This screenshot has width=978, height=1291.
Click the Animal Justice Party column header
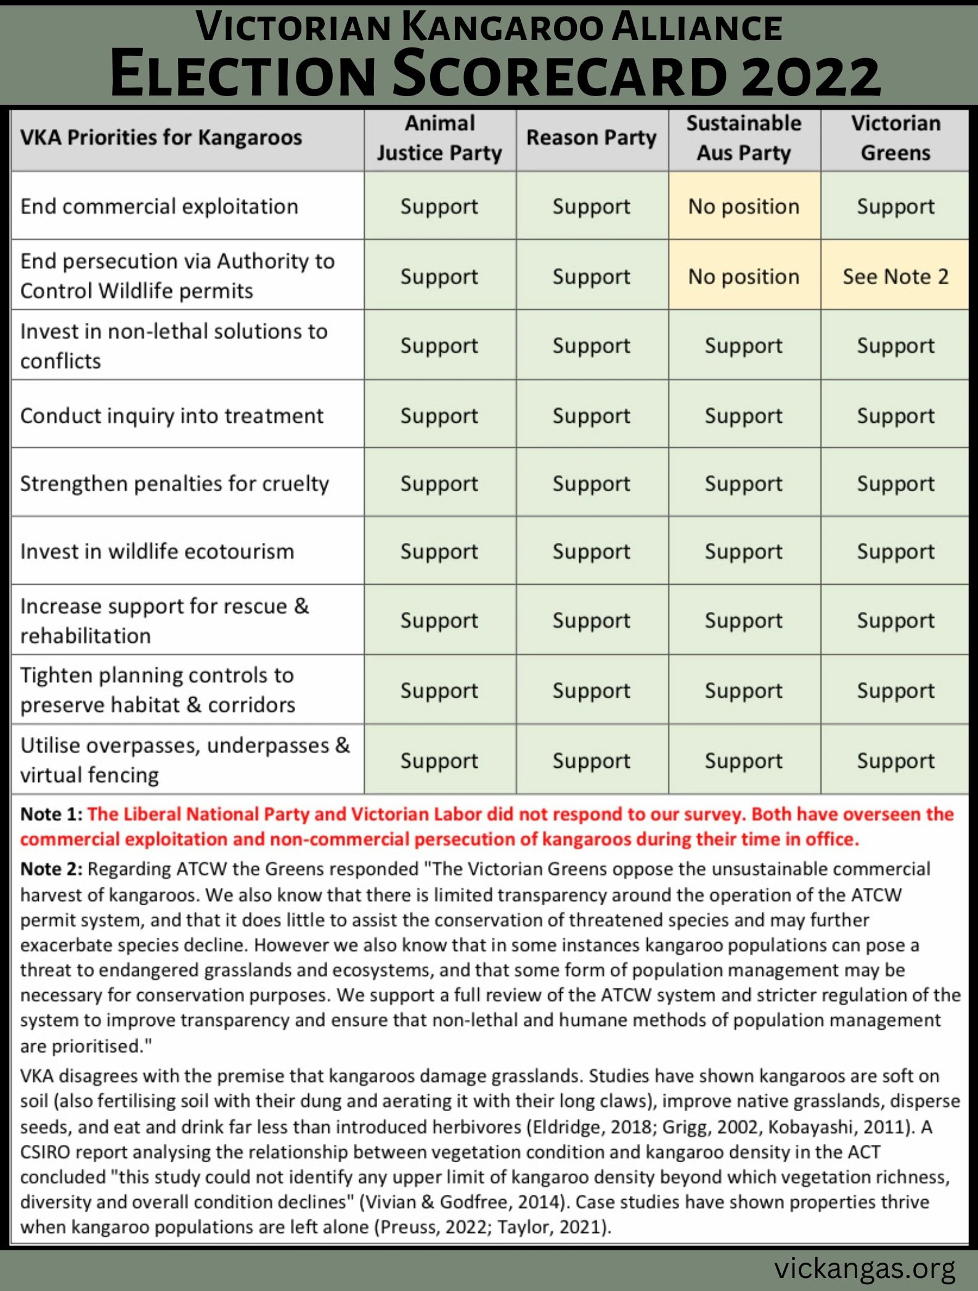[x=439, y=139]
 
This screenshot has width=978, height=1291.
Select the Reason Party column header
[x=592, y=138]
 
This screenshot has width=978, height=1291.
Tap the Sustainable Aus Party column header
[x=744, y=139]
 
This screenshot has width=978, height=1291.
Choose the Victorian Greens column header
[x=895, y=139]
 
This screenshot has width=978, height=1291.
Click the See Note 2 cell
[x=895, y=277]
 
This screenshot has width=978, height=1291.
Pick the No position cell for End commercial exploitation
[x=744, y=206]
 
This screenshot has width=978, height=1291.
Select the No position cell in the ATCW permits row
[x=744, y=277]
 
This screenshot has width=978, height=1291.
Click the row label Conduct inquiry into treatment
[x=171, y=416]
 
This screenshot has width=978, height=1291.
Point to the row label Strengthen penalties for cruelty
[x=174, y=484]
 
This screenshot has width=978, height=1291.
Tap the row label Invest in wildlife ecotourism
[x=157, y=552]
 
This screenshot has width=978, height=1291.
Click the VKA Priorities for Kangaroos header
[x=161, y=137]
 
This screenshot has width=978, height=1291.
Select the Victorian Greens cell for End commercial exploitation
[x=895, y=206]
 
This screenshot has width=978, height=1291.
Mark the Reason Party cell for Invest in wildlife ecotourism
[x=592, y=552]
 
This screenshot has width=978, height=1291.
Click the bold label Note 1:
[x=51, y=814]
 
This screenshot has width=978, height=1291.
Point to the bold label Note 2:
[x=51, y=869]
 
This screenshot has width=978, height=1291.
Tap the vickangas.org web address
[x=865, y=1268]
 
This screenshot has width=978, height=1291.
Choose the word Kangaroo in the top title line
[x=503, y=28]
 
